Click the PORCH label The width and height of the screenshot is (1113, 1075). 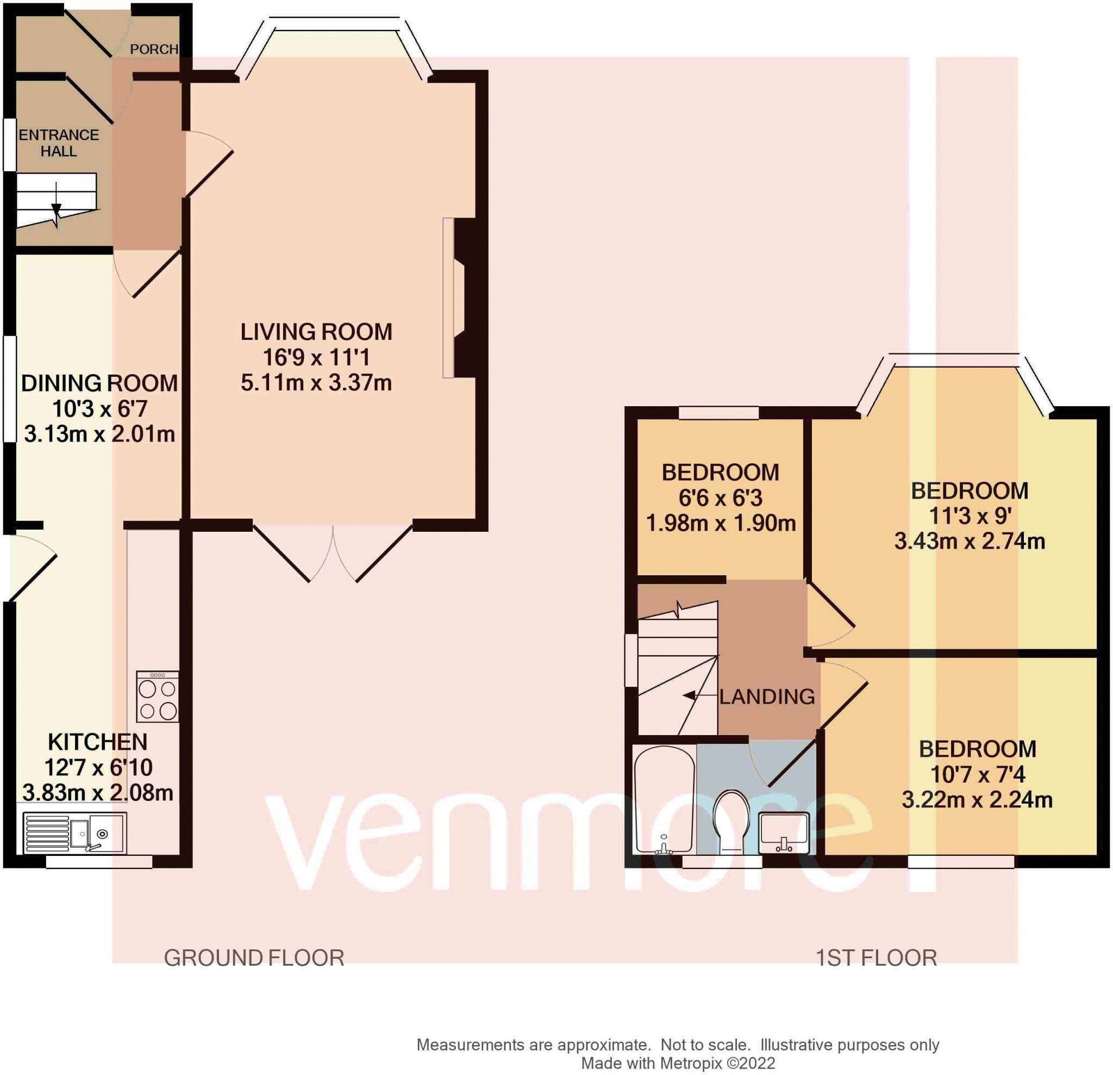coord(154,49)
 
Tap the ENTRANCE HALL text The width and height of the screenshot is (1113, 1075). coord(59,143)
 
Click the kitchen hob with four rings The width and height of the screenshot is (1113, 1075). coord(158,697)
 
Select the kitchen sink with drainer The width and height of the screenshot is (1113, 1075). coord(74,834)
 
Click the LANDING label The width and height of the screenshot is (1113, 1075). coord(767,697)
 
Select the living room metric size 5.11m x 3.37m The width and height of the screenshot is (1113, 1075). coord(316,383)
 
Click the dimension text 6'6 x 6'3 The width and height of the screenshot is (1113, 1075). coord(720,498)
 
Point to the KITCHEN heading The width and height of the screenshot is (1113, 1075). coord(98,742)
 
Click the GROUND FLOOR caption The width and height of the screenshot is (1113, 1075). coord(254,958)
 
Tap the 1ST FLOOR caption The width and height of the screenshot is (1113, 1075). coord(876,958)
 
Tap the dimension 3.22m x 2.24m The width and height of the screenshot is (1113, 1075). coord(977,800)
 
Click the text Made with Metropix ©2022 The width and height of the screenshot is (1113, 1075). coord(678,1063)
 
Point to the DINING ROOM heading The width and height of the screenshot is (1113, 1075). coord(99,383)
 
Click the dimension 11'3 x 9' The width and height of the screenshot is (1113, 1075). coord(970,516)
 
